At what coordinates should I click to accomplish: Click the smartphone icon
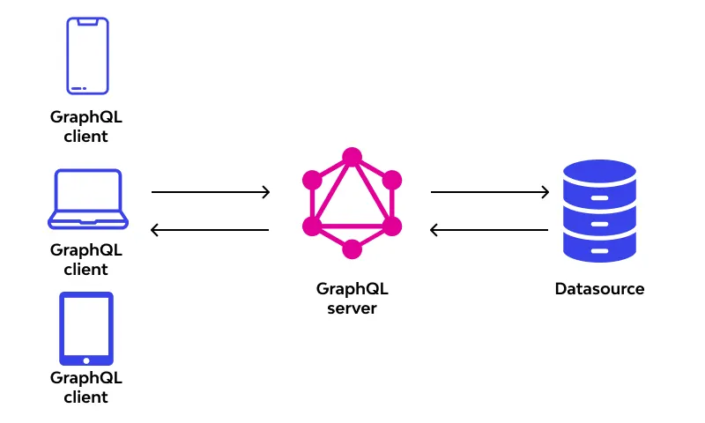point(87,56)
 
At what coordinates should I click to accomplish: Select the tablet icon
point(86,328)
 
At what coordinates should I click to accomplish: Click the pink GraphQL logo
point(352,204)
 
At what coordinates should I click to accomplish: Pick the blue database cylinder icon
point(599,211)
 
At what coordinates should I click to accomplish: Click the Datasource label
point(599,289)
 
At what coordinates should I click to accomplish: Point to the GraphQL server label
point(352,299)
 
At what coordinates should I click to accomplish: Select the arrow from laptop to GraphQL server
point(210,191)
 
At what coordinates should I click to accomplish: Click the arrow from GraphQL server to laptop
point(210,230)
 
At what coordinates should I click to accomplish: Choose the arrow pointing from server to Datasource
point(489,191)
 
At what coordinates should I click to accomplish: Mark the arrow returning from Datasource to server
point(489,230)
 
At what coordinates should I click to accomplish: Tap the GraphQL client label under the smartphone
point(86,126)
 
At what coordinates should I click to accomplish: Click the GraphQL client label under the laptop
point(86,259)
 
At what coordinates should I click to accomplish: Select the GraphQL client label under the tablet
point(86,387)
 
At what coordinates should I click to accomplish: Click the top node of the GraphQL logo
point(352,157)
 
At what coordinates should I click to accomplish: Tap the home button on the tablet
point(86,360)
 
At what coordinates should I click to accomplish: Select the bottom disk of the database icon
point(599,248)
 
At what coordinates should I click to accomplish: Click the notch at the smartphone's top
point(87,21)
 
